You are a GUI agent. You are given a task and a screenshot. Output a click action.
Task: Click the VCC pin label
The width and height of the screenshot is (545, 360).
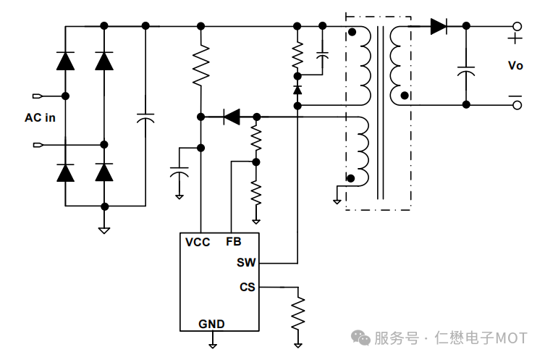point(198,242)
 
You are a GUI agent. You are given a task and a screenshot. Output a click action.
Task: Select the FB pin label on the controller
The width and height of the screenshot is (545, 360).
point(233,242)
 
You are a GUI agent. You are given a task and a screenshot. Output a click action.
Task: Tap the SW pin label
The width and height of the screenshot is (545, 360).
point(246,262)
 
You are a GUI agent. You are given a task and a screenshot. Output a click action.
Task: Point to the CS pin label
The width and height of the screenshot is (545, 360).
point(247,287)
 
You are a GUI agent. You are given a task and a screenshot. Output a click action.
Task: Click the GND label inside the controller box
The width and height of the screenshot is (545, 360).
point(211,324)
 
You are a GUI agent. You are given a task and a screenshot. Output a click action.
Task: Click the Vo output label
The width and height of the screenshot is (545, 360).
point(515,65)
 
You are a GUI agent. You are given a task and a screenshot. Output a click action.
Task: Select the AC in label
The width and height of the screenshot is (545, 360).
point(40,118)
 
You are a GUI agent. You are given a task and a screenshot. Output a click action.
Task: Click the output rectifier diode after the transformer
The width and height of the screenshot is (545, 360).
point(439,26)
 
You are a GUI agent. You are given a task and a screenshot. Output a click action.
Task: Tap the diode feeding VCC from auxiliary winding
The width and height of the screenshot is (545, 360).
point(232,116)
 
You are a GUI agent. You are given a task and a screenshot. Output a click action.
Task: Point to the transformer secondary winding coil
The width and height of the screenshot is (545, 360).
point(396,65)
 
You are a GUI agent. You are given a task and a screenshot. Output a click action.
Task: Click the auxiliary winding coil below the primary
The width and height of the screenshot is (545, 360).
point(361,148)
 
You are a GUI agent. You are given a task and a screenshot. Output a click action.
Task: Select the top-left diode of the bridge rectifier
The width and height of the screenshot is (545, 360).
point(65,61)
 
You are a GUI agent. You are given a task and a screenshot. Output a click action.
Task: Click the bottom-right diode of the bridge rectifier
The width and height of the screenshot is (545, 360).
point(104,172)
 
